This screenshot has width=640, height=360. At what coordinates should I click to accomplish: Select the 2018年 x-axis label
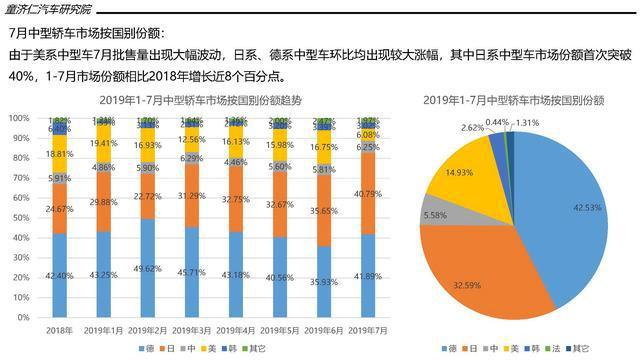click(x=59, y=329)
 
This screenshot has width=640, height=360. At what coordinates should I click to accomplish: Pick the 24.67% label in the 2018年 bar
click(x=59, y=207)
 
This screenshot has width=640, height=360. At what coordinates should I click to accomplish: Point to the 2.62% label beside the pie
click(x=472, y=127)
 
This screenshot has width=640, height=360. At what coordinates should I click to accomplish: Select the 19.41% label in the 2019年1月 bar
click(x=103, y=143)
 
